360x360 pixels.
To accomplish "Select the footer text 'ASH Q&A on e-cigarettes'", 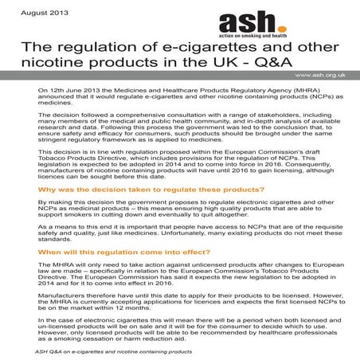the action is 88,350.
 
